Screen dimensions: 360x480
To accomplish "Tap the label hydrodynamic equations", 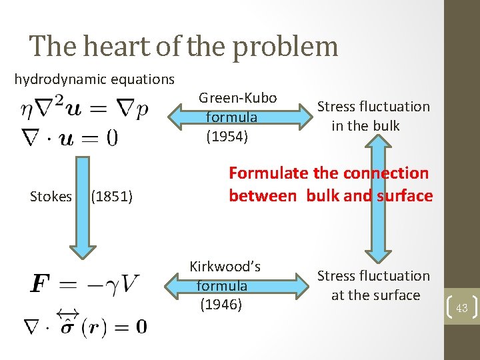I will pos(95,79).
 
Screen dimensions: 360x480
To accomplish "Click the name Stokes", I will pos(51,196).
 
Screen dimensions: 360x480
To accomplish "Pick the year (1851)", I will pos(112,196).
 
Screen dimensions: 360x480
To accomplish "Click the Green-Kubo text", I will pos(238,98).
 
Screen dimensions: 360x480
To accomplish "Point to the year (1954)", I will pos(227,137).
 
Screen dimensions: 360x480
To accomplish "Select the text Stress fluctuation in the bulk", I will pos(373,116).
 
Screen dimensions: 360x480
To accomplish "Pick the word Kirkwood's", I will pos(225,267).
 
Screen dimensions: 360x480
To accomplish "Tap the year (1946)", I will pos(221,305).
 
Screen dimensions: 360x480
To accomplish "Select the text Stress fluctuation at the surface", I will pos(373,285).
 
